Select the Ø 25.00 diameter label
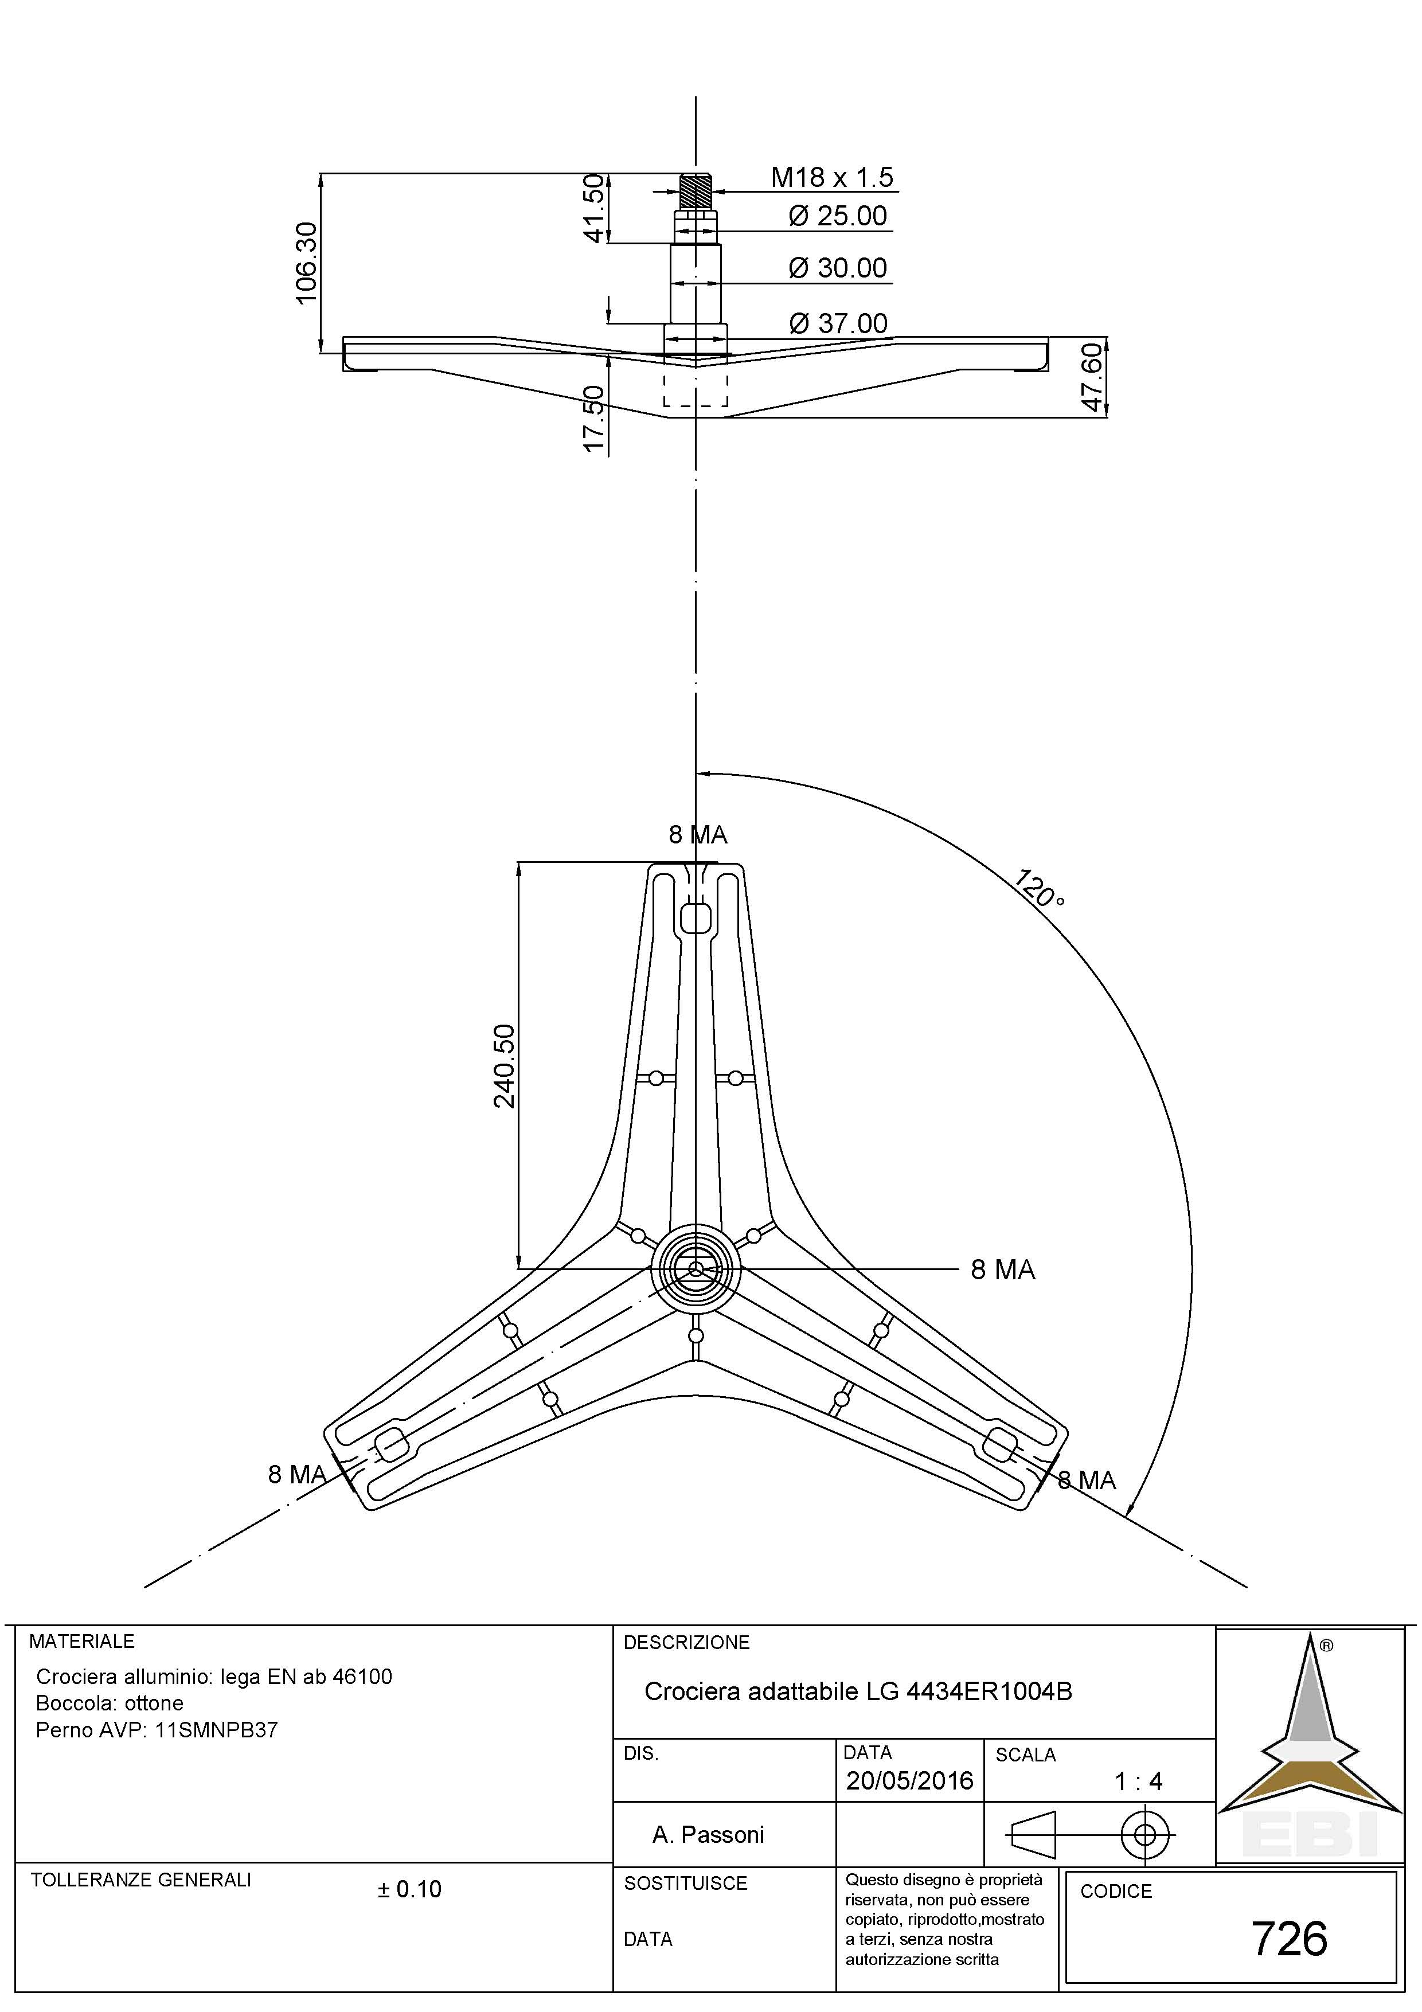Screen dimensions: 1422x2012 point(838,216)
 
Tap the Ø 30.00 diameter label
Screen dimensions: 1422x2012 point(838,268)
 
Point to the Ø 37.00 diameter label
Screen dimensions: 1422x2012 point(838,323)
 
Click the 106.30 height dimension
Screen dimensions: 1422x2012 point(307,263)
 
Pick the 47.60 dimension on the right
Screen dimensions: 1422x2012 point(1092,376)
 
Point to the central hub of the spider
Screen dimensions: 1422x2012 point(696,1269)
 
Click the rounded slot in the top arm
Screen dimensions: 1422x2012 point(696,917)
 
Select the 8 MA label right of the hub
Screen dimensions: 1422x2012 point(1002,1270)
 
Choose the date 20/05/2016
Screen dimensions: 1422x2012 point(909,1781)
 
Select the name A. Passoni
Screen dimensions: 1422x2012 point(708,1834)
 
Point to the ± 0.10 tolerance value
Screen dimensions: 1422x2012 point(409,1889)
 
